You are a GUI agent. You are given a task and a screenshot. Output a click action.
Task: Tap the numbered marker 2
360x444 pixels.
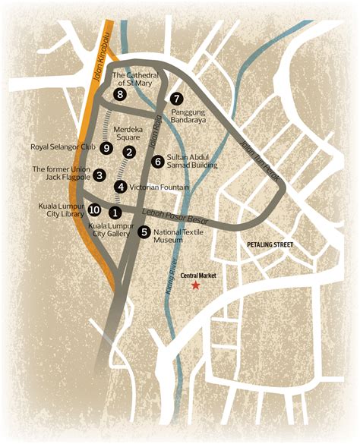130,153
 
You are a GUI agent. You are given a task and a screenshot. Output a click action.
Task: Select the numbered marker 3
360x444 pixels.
99,175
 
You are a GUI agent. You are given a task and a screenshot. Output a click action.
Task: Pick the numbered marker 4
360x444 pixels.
120,187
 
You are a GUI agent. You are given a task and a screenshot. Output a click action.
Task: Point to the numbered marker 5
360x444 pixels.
144,232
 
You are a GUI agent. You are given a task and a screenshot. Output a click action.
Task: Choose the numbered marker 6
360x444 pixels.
157,161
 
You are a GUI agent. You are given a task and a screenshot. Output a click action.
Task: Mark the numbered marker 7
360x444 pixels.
176,99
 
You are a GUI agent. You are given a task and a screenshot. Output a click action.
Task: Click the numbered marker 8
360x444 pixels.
120,94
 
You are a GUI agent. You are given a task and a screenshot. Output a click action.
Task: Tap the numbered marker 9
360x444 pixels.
106,147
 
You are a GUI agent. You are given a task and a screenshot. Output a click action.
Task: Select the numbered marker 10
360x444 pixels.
94,209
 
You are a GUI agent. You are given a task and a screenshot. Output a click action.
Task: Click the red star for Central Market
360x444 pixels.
195,285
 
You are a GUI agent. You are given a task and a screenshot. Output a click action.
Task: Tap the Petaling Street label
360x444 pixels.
270,245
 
